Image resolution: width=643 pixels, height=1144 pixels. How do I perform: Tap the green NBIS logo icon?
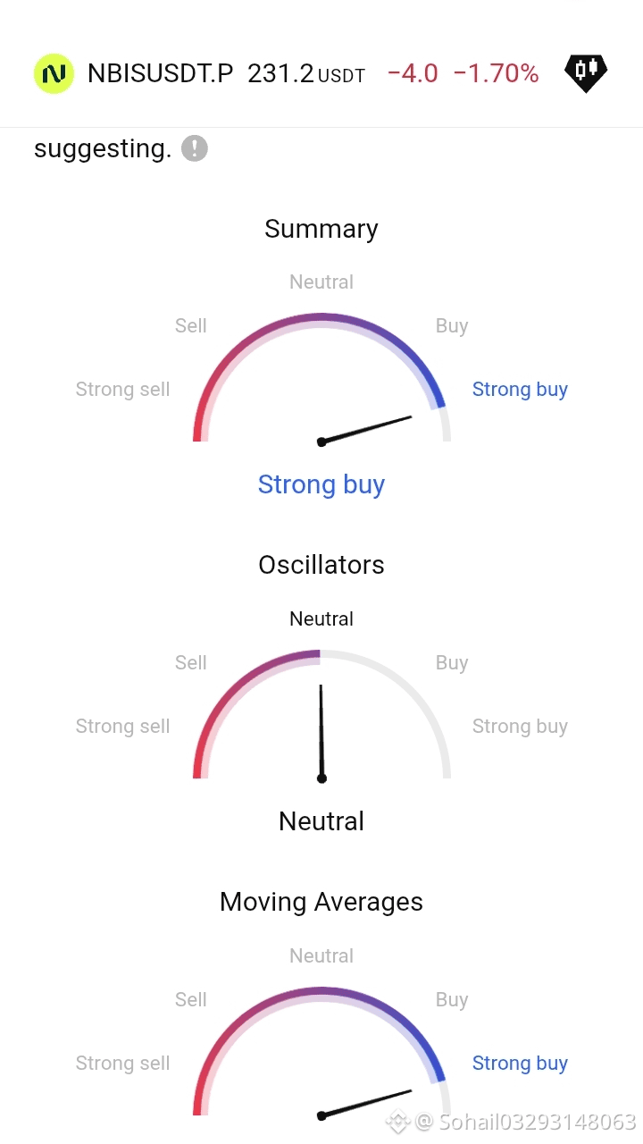(54, 73)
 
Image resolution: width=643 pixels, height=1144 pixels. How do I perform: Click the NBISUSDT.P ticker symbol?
(160, 73)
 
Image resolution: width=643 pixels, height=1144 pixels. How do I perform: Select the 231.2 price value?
(280, 73)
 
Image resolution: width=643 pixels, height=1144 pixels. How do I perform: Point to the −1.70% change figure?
(496, 73)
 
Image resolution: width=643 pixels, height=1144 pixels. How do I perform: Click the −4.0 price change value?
(413, 73)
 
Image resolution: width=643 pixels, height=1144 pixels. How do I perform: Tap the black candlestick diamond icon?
(586, 73)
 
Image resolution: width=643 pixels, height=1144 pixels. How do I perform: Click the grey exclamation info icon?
(195, 148)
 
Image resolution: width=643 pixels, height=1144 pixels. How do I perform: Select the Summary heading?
(321, 229)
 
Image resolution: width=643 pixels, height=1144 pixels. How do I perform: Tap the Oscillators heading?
(321, 565)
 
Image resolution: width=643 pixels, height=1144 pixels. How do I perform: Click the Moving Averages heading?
(321, 902)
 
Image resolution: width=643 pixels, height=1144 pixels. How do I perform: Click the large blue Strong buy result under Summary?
(321, 484)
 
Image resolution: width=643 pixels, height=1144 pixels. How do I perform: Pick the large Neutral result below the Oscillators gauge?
(321, 821)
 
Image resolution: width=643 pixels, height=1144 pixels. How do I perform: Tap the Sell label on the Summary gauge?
(191, 326)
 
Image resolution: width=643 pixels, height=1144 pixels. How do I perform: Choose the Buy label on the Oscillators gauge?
(452, 663)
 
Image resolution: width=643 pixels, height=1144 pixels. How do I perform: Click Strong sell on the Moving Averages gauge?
(122, 1064)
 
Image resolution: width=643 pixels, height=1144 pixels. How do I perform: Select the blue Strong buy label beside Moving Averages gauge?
(520, 1064)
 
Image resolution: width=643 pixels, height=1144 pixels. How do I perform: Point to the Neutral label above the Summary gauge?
(321, 282)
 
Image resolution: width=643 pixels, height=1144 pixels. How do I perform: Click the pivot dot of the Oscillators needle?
(321, 778)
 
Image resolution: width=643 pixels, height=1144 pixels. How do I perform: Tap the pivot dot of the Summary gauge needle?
(321, 442)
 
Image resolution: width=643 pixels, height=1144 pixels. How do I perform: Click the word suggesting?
(103, 149)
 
